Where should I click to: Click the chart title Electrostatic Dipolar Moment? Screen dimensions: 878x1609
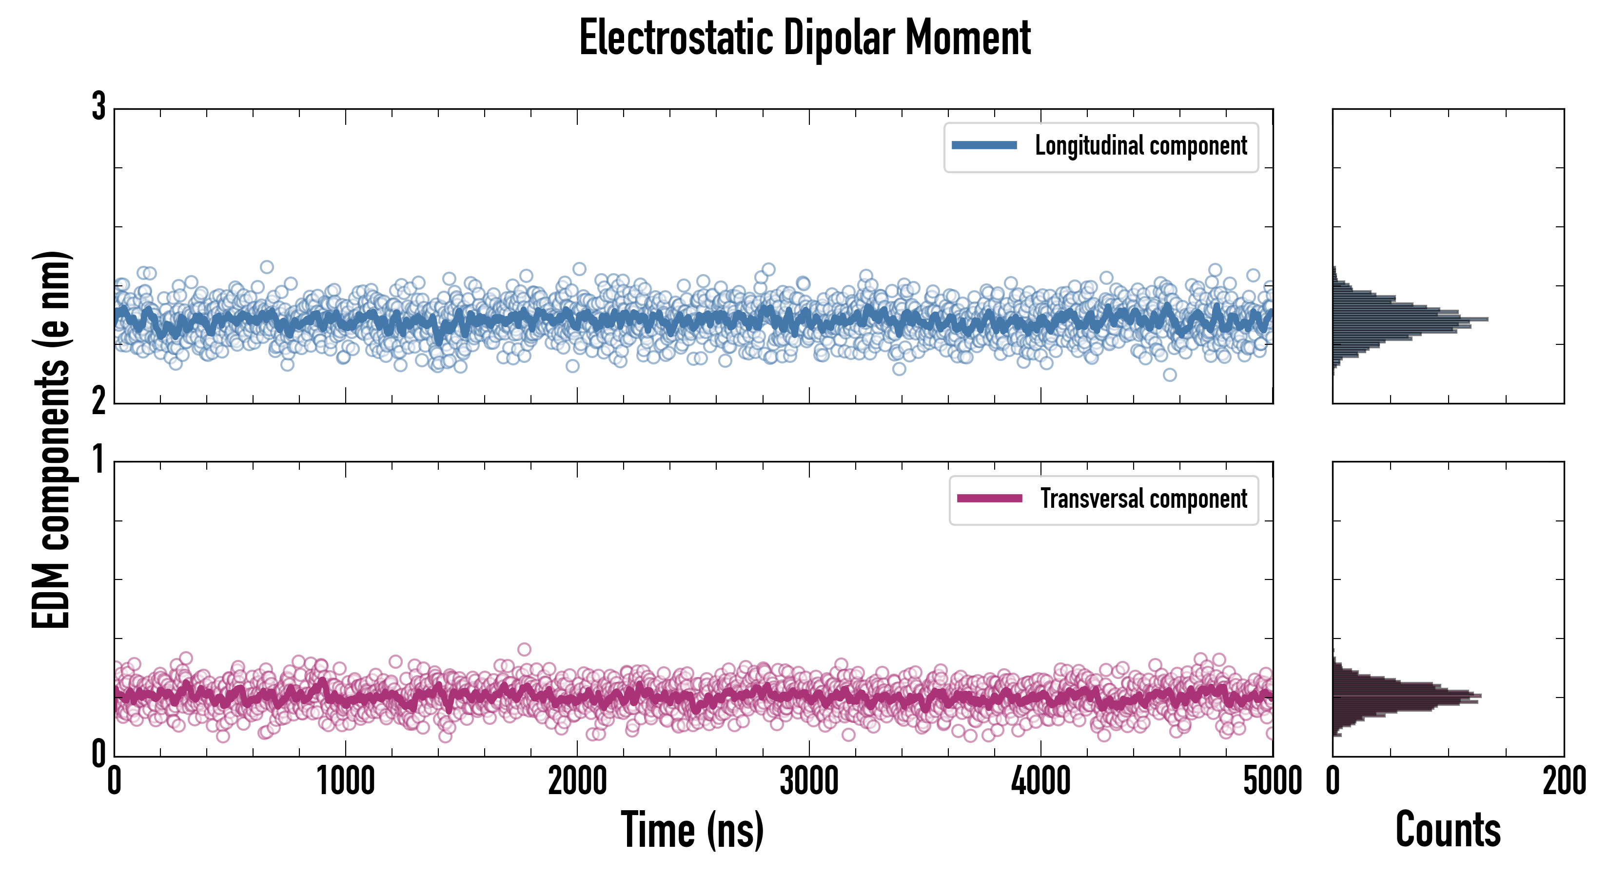(804, 39)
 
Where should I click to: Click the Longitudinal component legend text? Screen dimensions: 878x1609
(1140, 146)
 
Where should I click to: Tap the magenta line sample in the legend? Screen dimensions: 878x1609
(989, 499)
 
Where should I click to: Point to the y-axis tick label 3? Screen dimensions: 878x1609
(98, 107)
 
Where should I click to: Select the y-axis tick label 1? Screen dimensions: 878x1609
(98, 460)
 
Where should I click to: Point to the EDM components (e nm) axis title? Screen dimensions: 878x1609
(51, 440)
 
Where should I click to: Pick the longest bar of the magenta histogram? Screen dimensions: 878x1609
(1407, 696)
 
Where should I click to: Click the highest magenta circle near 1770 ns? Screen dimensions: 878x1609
(524, 649)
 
